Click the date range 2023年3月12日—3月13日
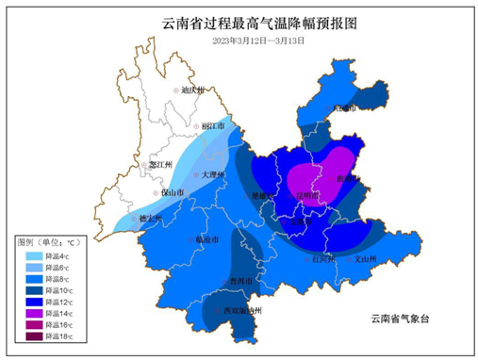(x=239, y=41)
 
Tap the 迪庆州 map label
(x=191, y=90)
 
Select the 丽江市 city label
(x=212, y=126)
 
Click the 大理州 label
(x=211, y=175)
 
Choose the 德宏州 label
(x=150, y=218)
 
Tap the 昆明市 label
(x=307, y=196)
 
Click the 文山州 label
(x=363, y=257)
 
